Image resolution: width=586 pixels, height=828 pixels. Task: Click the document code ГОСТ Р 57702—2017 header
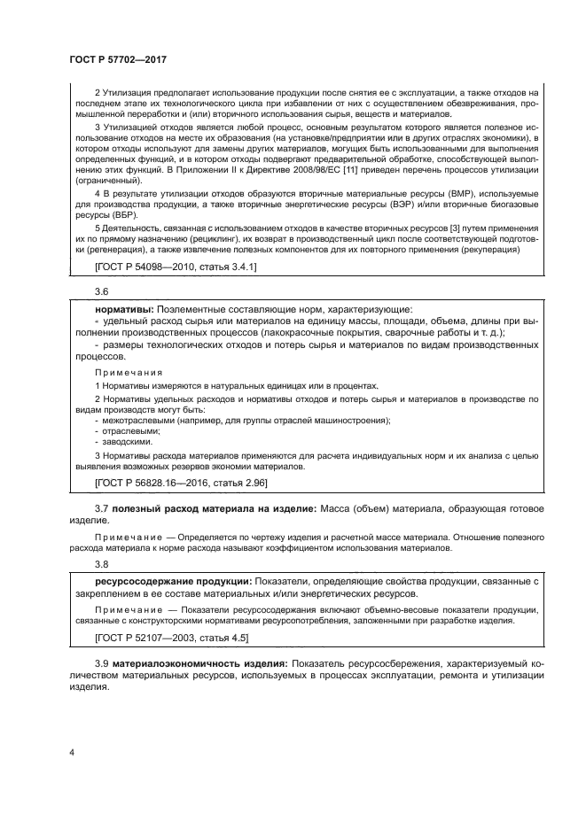click(118, 58)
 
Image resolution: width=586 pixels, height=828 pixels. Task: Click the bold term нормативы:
click(117, 309)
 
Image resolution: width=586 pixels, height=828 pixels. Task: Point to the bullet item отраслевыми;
click(127, 429)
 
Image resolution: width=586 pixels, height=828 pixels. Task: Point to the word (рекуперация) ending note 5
click(490, 250)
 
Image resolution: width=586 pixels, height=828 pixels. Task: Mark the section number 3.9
click(101, 662)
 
